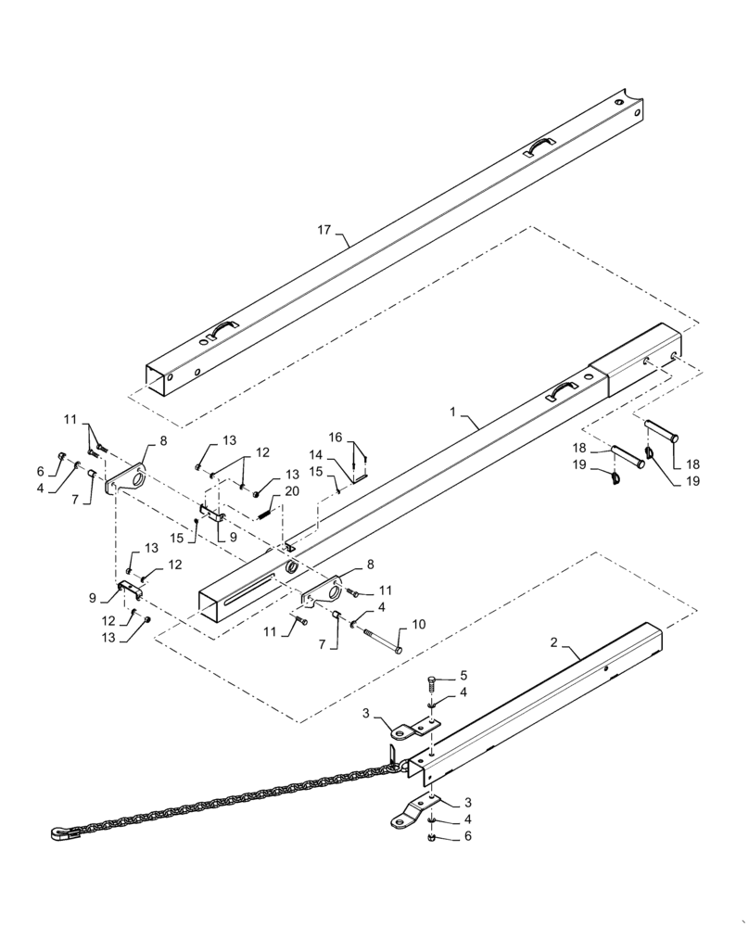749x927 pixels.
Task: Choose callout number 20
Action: click(292, 490)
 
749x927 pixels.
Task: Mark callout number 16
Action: click(336, 437)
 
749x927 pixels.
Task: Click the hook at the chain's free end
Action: click(57, 834)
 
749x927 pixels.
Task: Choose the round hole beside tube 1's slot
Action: click(290, 566)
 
